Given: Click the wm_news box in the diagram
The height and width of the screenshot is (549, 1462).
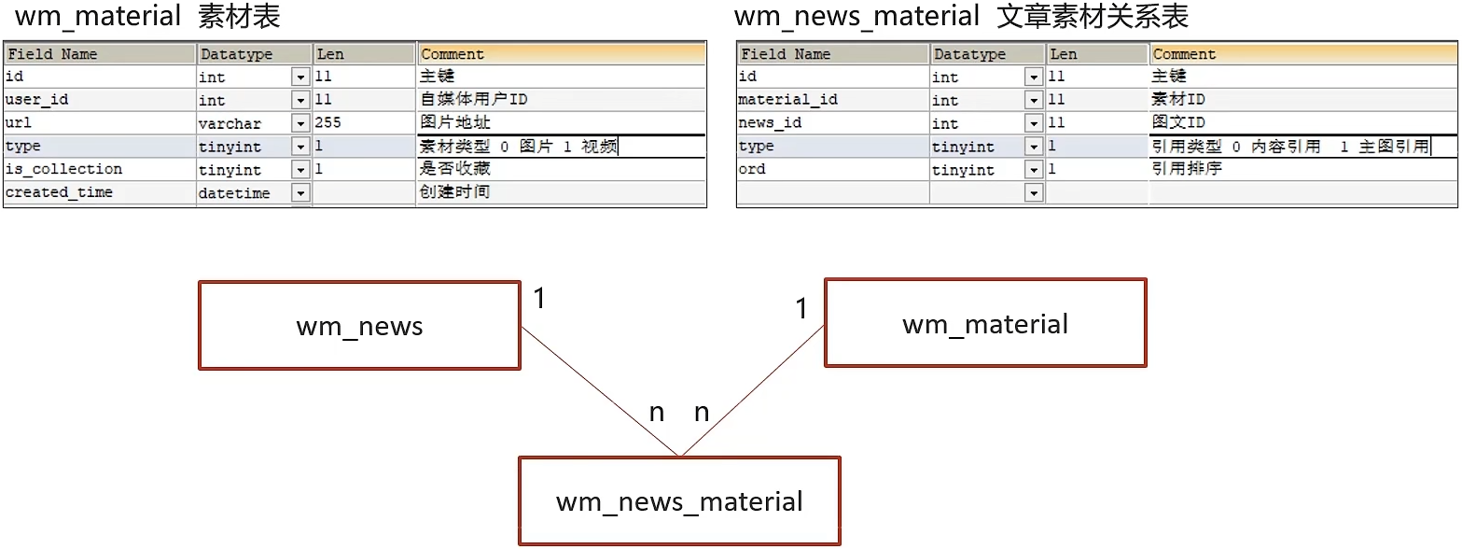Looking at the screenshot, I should pos(359,326).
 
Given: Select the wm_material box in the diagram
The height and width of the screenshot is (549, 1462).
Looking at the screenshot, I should pos(985,323).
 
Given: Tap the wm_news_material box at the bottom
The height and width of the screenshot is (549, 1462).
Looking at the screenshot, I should pos(679,500).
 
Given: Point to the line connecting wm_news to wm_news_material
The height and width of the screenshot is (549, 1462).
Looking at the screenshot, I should pos(600,391).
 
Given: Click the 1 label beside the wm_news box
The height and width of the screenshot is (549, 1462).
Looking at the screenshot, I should pos(540,299).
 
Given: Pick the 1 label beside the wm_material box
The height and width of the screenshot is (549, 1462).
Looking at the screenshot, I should pos(801,308).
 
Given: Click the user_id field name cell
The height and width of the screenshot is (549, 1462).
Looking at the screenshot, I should pos(37,100).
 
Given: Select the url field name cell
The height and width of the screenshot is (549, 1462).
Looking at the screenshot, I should pos(19,123).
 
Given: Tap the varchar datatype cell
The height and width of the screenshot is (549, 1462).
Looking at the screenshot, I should pos(230,123).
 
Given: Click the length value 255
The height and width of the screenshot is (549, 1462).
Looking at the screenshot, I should pos(327,123).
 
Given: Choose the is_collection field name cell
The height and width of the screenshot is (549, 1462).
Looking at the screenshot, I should pos(63,169).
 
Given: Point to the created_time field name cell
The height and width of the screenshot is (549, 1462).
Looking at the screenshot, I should pos(59,192).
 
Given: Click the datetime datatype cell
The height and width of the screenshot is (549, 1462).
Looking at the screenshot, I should pos(234,193).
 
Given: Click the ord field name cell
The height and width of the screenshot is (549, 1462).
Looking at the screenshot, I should pos(752,169).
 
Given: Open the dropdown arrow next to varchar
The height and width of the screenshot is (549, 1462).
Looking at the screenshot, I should pos(300,123).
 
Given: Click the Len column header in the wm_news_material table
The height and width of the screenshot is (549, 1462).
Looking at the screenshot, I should pos(1064,54).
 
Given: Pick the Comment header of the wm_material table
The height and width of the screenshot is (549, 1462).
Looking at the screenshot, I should pos(453,54).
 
